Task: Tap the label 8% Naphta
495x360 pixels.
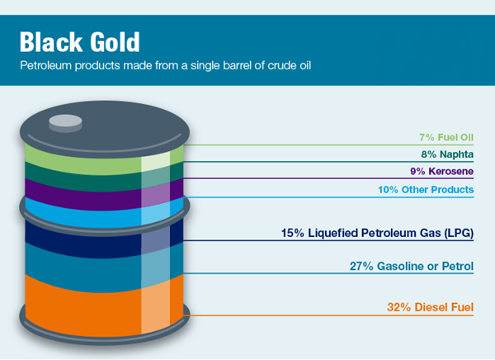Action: coord(447,154)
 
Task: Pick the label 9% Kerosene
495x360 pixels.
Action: coord(443,171)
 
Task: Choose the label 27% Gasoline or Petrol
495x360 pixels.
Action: coord(412,267)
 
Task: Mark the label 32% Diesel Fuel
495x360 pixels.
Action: coord(430,308)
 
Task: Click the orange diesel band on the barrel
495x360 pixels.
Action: coord(91,301)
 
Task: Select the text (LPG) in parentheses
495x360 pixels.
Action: coord(458,233)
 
